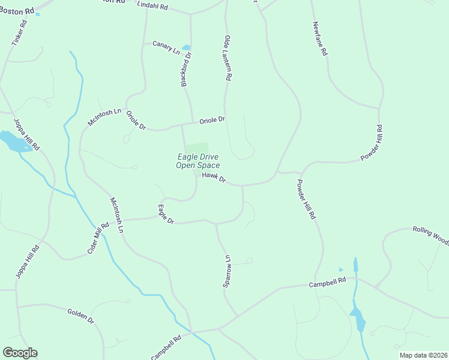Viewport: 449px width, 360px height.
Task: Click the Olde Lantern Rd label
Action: pos(228,58)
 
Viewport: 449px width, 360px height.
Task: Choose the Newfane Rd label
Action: pos(320,39)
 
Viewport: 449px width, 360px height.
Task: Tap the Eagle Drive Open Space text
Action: pos(197,161)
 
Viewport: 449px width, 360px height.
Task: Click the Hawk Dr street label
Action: pos(214,177)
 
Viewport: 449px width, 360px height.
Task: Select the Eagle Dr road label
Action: pos(166,215)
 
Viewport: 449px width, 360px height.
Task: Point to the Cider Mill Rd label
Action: pos(98,238)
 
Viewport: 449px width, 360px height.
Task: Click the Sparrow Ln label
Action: pos(228,271)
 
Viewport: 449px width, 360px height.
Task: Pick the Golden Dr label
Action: pos(81,316)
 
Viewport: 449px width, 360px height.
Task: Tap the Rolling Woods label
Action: pos(430,235)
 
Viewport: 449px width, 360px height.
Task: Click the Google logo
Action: pos(20,353)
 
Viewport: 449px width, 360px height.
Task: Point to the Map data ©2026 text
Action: pos(423,355)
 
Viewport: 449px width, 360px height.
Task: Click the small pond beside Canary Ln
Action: pos(186,47)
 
